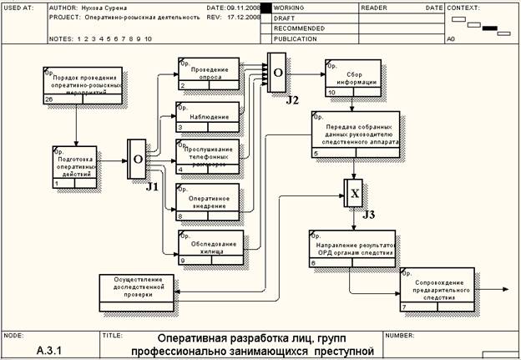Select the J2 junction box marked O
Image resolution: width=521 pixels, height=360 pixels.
click(x=277, y=74)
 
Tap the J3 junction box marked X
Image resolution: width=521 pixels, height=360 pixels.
click(x=354, y=193)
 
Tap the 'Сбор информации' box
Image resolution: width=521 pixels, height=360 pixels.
click(x=354, y=78)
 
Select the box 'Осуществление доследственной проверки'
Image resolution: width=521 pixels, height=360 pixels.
click(x=138, y=290)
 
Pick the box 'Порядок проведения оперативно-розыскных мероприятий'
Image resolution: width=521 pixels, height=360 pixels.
click(x=83, y=85)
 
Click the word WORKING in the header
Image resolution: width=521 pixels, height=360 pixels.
click(x=289, y=8)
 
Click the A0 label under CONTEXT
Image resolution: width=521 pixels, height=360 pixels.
click(x=452, y=38)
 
